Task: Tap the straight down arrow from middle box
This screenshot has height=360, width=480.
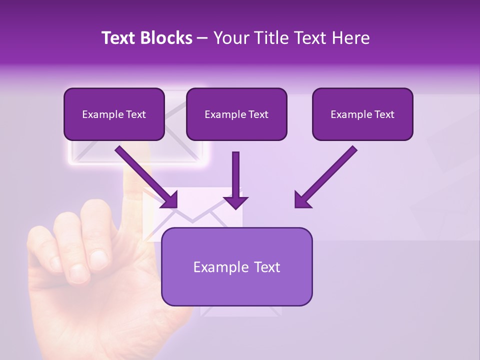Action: [235, 175]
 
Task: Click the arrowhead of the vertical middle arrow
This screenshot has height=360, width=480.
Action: [235, 202]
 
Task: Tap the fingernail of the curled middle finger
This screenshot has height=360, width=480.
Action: [98, 258]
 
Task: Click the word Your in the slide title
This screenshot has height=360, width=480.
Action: [229, 38]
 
